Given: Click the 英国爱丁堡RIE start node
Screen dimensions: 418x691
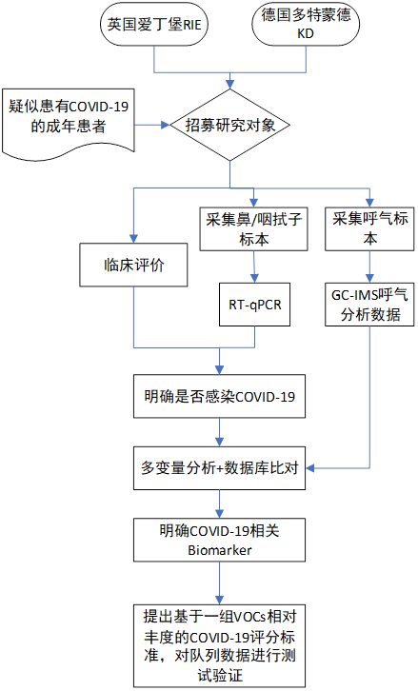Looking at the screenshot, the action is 154,25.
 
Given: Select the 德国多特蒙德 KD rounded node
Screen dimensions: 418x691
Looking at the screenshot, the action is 306,25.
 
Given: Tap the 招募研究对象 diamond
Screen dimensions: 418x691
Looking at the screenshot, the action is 229,125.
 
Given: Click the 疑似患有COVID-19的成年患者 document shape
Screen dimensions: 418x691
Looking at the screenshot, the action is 69,122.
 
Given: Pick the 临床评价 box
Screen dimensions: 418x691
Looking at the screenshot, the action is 133,265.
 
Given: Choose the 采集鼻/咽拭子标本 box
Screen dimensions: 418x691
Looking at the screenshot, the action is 253,229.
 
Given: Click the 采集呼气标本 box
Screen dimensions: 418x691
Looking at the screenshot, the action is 369,229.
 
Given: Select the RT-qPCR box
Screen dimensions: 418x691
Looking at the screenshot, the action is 255,305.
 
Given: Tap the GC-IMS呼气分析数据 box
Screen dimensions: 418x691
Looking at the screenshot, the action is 369,305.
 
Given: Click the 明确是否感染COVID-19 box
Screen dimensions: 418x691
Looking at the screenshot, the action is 220,396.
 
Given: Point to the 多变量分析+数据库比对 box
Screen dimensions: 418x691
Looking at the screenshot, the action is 220,468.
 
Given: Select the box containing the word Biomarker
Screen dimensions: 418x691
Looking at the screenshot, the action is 220,540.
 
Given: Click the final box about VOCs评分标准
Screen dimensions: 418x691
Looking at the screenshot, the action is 220,645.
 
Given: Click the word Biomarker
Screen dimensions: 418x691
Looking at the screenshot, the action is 220,550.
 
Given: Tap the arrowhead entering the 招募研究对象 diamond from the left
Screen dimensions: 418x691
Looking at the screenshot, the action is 166,125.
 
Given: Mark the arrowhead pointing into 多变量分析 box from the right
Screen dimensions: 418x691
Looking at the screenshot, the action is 310,468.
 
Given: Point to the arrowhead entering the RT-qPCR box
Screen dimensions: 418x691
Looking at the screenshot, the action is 255,279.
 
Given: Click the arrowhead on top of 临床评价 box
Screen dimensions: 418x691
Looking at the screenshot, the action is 133,239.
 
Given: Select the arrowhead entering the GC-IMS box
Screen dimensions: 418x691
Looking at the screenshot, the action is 369,279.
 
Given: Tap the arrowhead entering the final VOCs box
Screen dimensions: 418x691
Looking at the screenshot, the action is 220,600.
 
